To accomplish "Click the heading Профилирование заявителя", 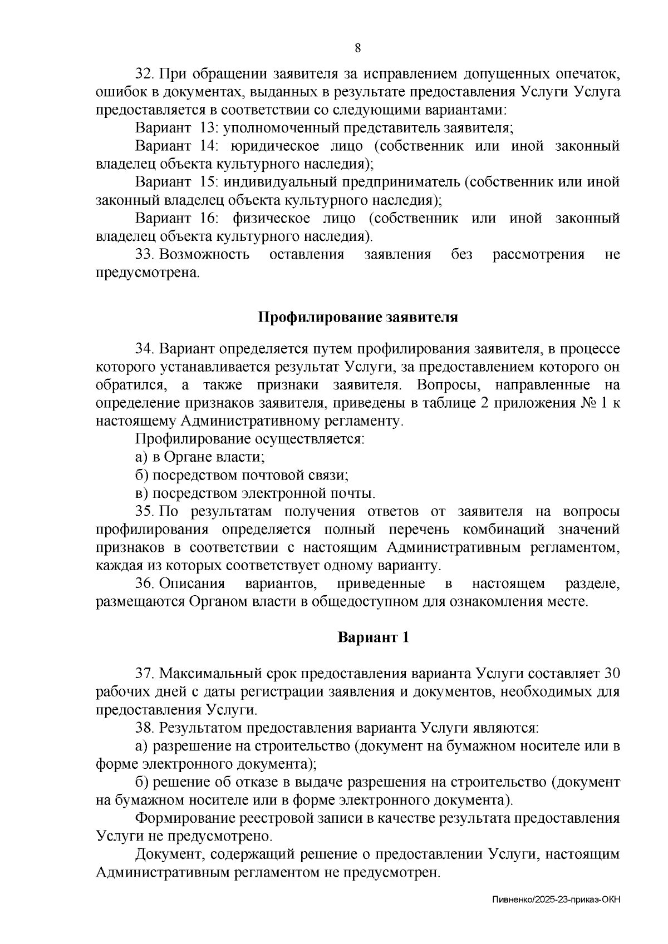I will (358, 318).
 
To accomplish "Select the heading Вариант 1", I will (373, 637).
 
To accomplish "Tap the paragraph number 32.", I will (144, 74).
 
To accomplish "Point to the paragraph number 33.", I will (144, 255).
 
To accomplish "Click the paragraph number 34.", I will (144, 349).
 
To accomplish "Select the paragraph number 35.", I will (144, 511).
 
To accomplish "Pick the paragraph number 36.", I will (144, 584).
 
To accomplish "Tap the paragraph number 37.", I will (144, 673).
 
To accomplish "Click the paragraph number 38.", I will (144, 728).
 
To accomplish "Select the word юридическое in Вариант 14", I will (276, 146).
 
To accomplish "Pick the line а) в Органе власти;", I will (200, 457).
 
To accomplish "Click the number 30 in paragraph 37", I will (611, 673).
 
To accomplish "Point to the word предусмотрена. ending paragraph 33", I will (147, 273).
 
